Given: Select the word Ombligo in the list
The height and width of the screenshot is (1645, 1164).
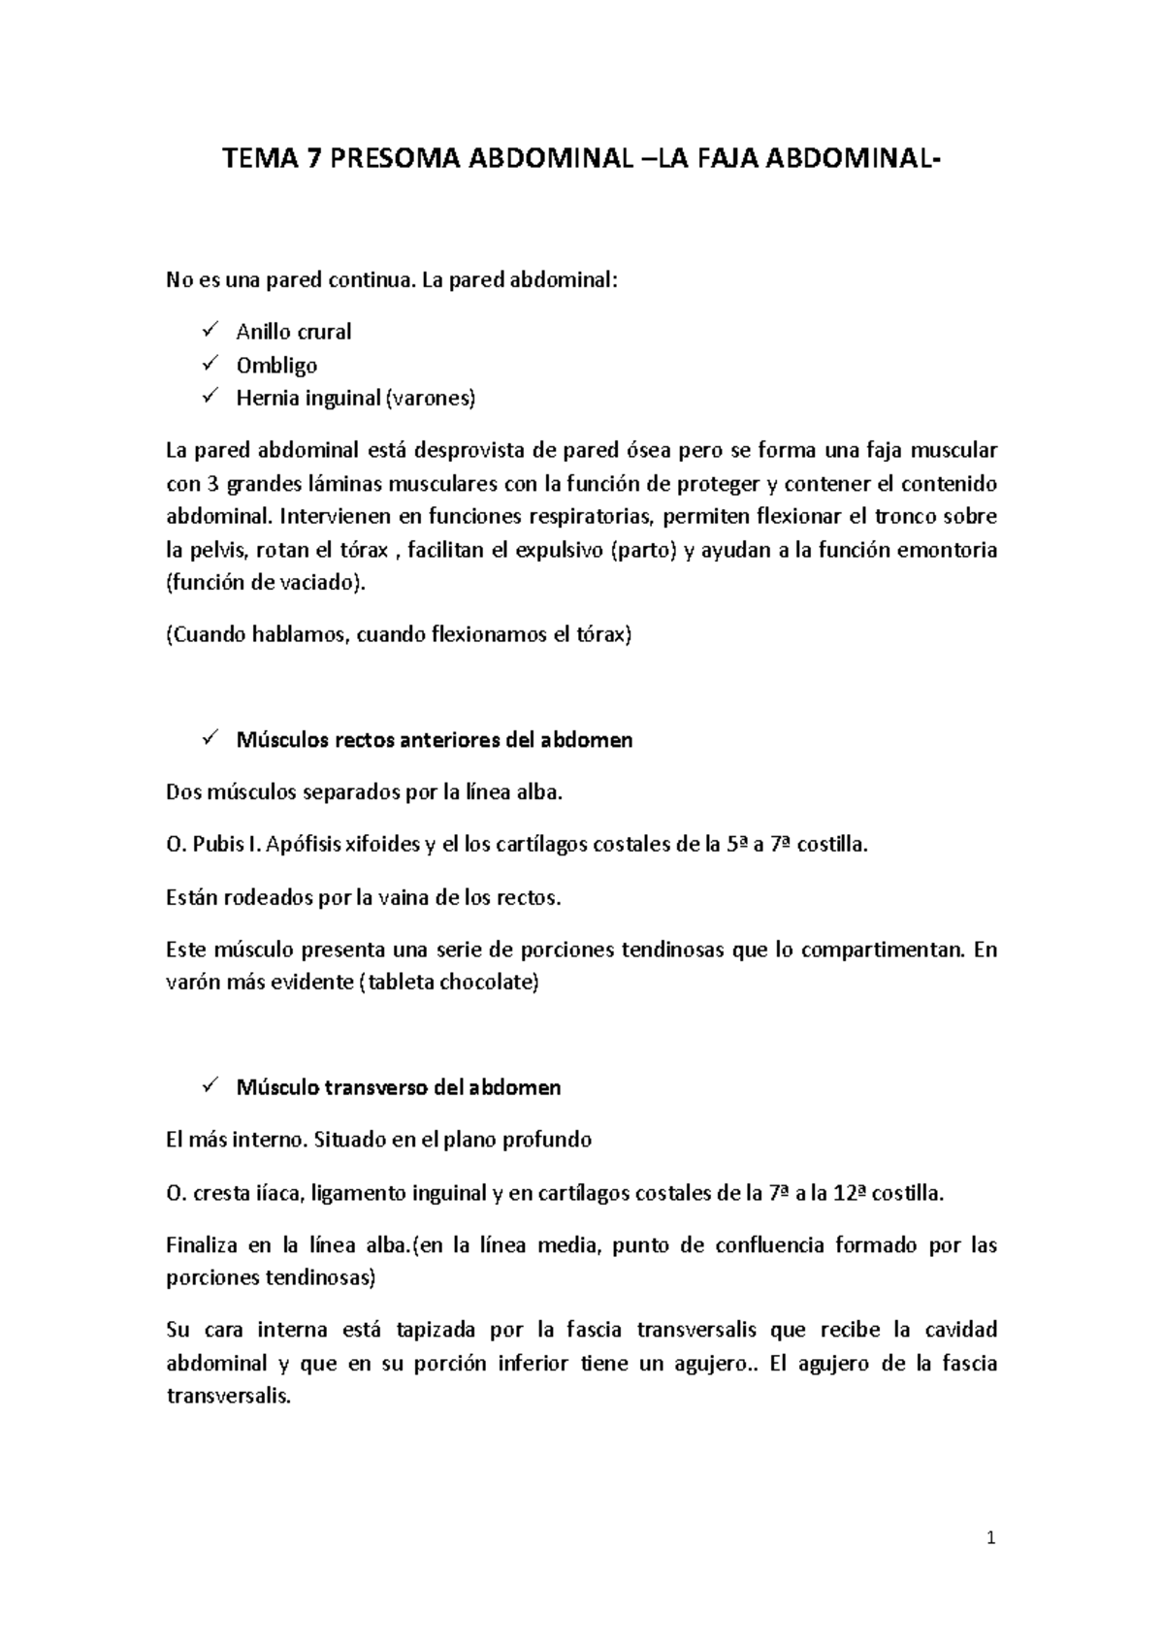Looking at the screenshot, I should (x=276, y=365).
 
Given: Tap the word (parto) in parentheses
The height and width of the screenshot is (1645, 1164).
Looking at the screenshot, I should (x=642, y=550).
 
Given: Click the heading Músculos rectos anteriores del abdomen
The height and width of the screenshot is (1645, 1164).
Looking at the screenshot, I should (x=434, y=740).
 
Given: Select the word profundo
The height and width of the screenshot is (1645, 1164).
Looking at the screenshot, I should (x=545, y=1141).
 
